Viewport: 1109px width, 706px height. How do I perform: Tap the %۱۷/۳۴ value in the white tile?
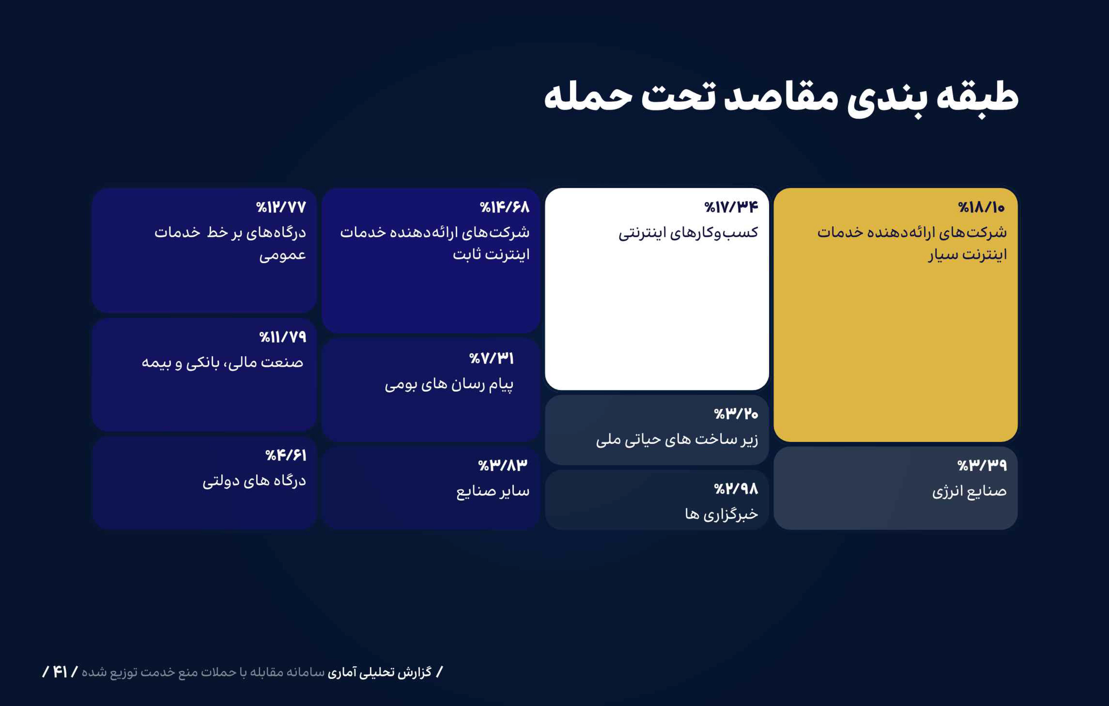[x=731, y=207]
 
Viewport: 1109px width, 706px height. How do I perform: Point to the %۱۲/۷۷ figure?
[x=281, y=207]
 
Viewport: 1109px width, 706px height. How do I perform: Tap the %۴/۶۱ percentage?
[x=285, y=456]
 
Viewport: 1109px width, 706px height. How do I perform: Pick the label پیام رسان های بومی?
[x=449, y=384]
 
